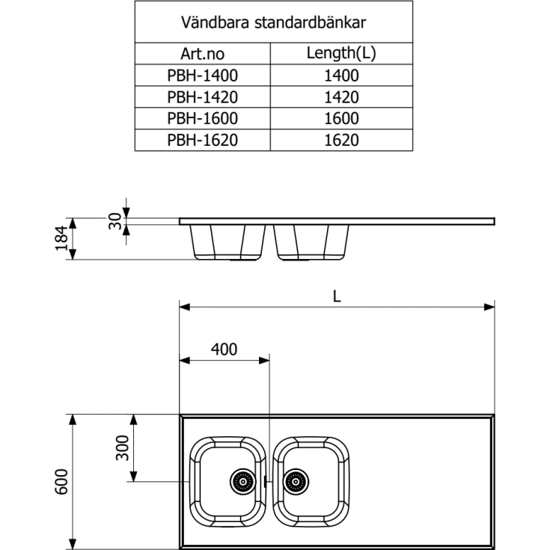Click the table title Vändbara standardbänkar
[x=273, y=22]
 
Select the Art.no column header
[x=202, y=54]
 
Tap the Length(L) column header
[x=341, y=54]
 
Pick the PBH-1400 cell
[x=202, y=76]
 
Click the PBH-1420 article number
[x=202, y=97]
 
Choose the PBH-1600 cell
[x=202, y=118]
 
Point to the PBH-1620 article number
[x=202, y=140]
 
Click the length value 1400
[x=341, y=76]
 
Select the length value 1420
[x=341, y=97]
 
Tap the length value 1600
[x=341, y=118]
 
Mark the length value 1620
[x=341, y=140]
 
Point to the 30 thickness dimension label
[x=114, y=220]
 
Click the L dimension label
[x=337, y=296]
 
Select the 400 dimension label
[x=223, y=349]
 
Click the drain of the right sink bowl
[x=296, y=481]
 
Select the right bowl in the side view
[x=311, y=242]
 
